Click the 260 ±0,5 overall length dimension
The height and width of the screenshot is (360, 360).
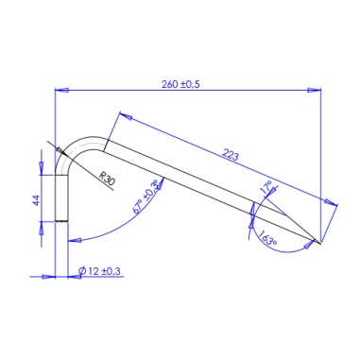180,84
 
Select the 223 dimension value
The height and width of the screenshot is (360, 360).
231,155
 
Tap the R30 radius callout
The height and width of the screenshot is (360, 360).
107,179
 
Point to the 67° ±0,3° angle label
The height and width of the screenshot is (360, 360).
146,197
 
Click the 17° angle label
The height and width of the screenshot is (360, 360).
266,187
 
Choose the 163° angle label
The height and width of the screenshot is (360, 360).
268,238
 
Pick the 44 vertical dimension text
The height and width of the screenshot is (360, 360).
37,200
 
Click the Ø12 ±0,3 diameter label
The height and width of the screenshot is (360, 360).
99,271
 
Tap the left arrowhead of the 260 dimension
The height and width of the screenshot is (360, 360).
61,90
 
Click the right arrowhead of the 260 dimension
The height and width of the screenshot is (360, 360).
315,90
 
